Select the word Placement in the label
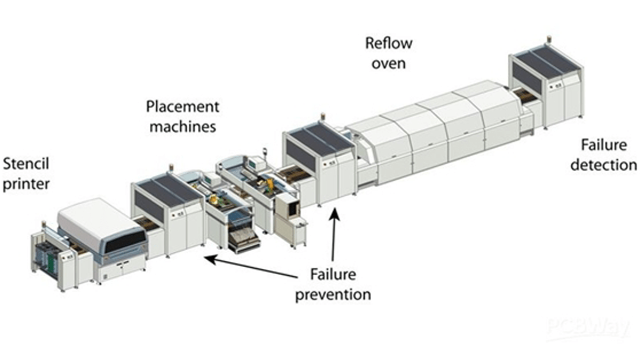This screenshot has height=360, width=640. coord(182,106)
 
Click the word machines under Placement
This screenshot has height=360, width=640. coord(182,127)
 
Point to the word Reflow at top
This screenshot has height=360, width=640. coord(388,43)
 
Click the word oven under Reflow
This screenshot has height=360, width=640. coord(388,63)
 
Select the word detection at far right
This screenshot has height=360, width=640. coord(603,165)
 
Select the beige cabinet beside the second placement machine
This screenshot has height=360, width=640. coord(287,213)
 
